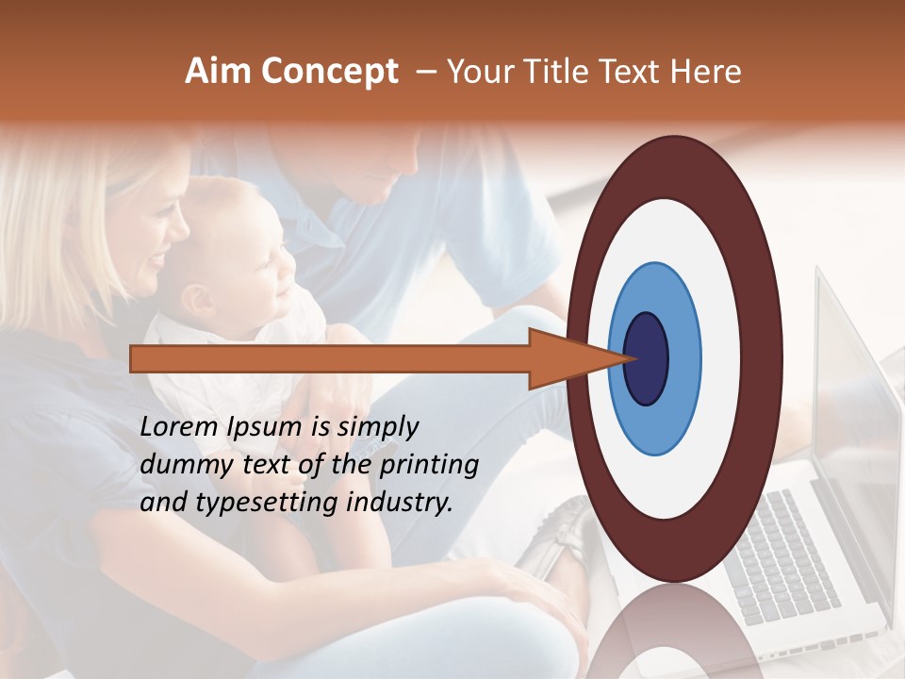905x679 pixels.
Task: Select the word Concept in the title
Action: pos(330,73)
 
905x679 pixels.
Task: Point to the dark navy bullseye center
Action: pos(647,358)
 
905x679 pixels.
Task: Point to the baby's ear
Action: pos(195,300)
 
